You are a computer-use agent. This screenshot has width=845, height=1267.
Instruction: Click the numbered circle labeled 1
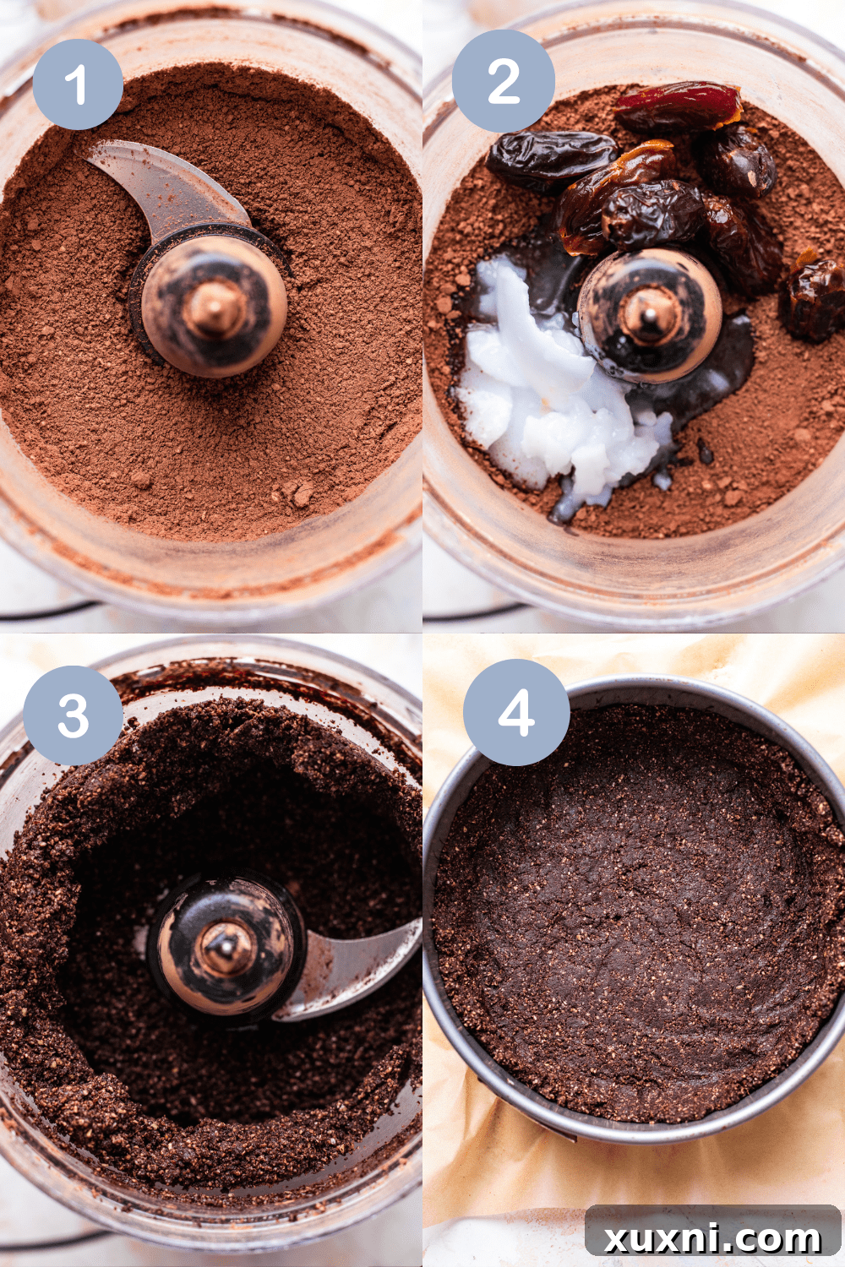coord(78,84)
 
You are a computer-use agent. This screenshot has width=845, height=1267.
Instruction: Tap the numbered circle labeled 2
coord(504,81)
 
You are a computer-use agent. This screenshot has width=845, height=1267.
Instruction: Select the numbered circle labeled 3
coord(74,715)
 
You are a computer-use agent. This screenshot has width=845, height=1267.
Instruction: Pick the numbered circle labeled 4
coord(516,712)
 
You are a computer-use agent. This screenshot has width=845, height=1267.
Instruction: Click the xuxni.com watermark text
coord(712,1237)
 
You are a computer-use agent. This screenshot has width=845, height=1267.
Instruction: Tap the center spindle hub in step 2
coord(649,316)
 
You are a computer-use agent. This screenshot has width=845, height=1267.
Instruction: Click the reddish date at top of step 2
coord(679,106)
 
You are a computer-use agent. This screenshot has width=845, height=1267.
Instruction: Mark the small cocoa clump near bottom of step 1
coord(299,493)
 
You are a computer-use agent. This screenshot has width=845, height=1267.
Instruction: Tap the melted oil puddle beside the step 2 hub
coord(727,363)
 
